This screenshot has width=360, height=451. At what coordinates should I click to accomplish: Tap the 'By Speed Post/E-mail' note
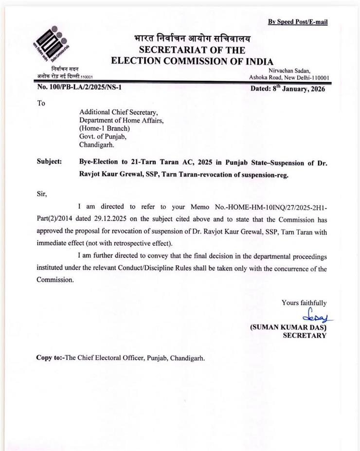pos(298,22)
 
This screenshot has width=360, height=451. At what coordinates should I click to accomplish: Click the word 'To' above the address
pos(41,103)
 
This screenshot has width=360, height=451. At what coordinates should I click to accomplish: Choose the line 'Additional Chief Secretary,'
pos(119,112)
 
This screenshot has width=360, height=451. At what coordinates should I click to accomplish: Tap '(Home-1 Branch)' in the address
pos(105,128)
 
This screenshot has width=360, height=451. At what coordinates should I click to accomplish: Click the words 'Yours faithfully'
pos(304,303)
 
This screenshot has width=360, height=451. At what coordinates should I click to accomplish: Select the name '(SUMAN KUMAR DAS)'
pos(288,328)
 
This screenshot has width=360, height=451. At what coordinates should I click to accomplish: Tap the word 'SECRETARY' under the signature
pos(305,336)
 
